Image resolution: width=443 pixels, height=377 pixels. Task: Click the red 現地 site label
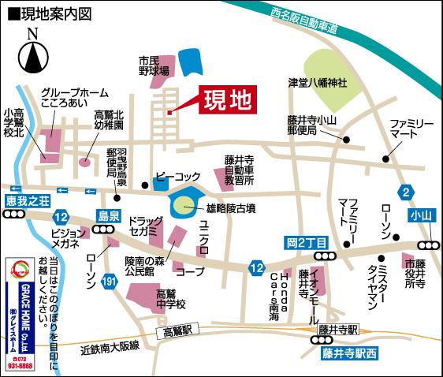coord(226,101)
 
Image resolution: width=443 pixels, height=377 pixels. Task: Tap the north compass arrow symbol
coord(32,55)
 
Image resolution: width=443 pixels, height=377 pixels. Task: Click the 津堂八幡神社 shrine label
coord(318,81)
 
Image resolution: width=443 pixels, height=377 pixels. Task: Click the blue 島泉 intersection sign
coord(108,215)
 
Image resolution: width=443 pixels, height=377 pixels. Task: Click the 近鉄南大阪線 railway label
coord(110,346)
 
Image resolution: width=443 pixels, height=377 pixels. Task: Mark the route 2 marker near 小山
coord(406,192)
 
